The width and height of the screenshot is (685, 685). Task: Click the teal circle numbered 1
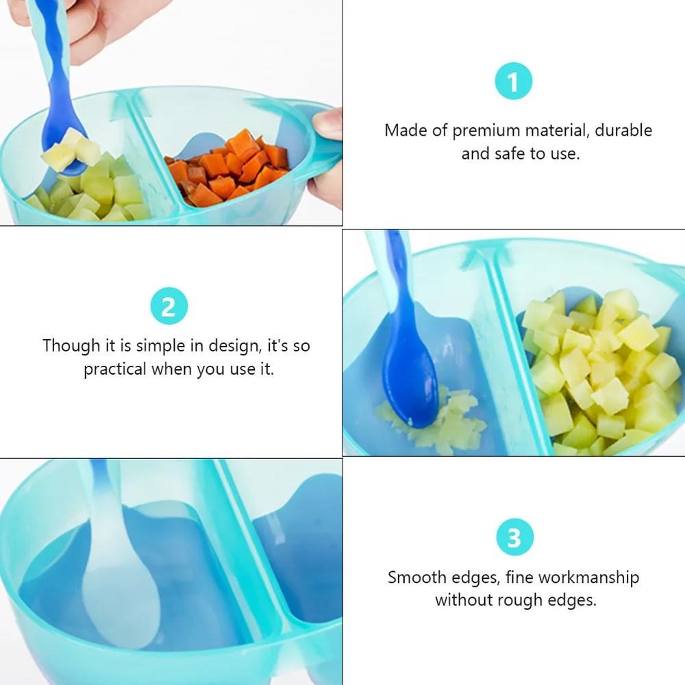[x=513, y=82]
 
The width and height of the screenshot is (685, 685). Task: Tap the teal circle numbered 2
[x=169, y=306]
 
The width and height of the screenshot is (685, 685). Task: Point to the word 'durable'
[x=623, y=130]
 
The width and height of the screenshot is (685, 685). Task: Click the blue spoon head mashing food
[x=409, y=384]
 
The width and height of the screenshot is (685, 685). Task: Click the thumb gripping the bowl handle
[x=327, y=123]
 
